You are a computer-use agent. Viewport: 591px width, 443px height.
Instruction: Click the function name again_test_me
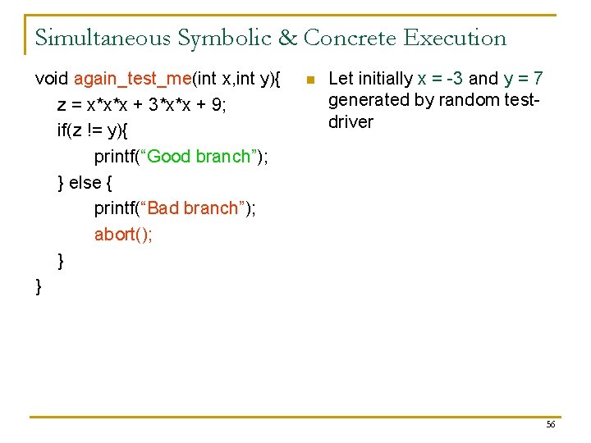pos(132,79)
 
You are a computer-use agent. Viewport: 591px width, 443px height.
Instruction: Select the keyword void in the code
pos(52,79)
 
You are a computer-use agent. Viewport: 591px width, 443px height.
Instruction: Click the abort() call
pos(123,235)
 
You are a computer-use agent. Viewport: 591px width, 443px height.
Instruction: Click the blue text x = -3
pos(440,79)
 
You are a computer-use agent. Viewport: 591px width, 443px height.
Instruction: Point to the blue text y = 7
pos(524,79)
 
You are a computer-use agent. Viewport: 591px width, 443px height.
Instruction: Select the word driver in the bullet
pos(350,122)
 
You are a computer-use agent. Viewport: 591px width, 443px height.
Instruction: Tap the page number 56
pos(551,424)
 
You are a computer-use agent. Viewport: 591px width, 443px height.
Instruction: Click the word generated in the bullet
pos(369,100)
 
